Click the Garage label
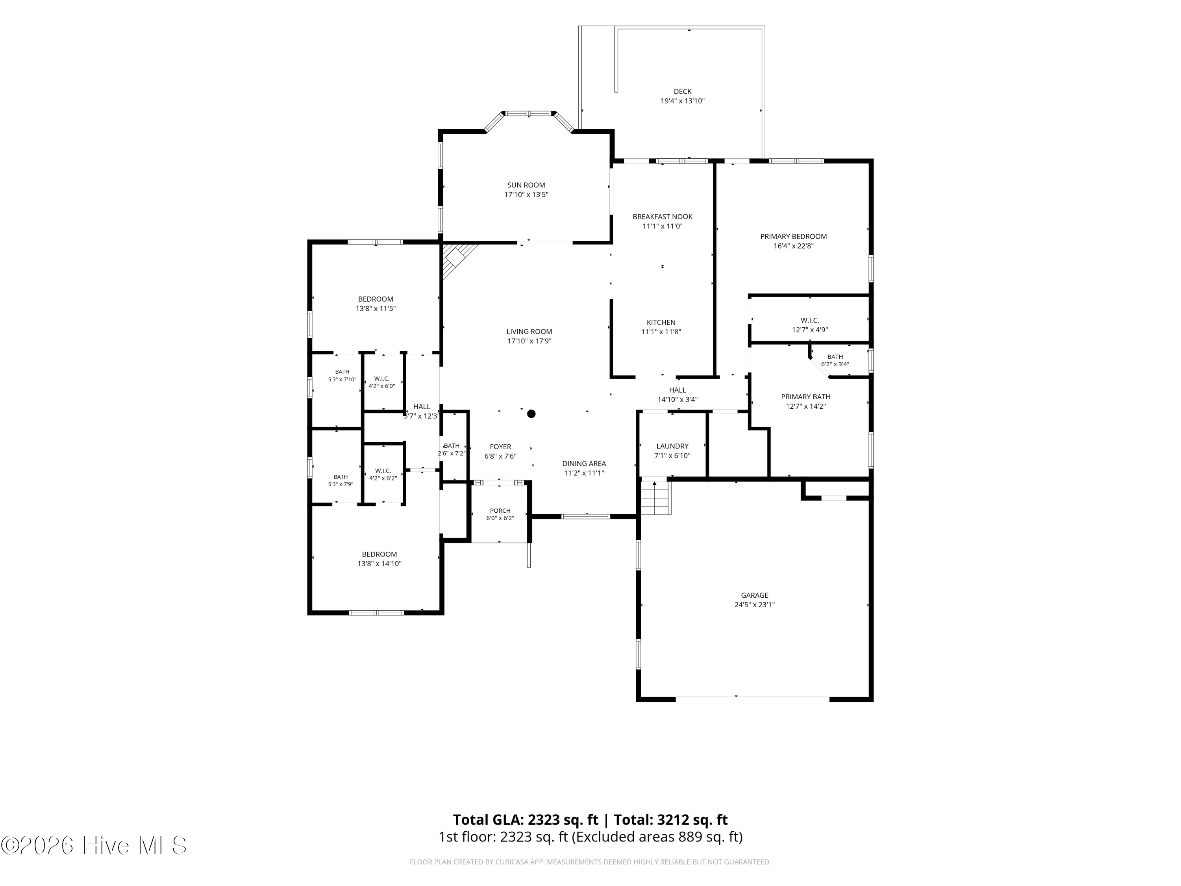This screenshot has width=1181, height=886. [x=754, y=595]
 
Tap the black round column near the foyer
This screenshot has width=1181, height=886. [x=531, y=414]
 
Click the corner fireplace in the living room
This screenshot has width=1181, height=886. [x=457, y=259]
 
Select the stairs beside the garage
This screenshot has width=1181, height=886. [x=655, y=497]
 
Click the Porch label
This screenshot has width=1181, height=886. [x=500, y=511]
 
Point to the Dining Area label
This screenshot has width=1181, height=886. [x=584, y=463]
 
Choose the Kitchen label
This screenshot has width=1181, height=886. [x=661, y=323]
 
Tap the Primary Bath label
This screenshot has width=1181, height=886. [x=806, y=397]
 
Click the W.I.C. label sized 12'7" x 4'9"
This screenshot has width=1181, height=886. [x=810, y=321]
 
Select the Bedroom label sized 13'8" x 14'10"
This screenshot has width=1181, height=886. [x=379, y=554]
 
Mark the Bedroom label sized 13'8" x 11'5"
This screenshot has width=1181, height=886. [x=376, y=299]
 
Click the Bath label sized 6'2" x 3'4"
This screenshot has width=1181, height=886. [x=835, y=357]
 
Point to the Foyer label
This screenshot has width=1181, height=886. [x=500, y=447]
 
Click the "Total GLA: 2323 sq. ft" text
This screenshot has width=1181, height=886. [x=526, y=820]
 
